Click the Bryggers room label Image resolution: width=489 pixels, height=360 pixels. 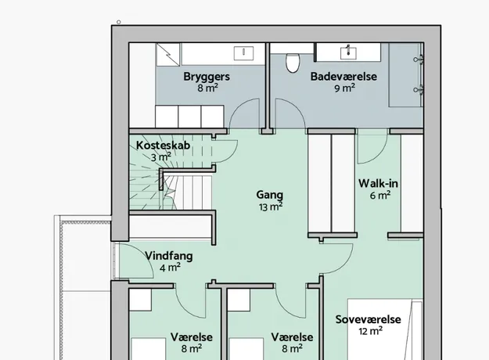point(207,77)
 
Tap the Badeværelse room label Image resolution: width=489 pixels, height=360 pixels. point(343,77)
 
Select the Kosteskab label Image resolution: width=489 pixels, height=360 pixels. point(163,146)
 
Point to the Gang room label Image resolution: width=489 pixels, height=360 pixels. point(270,195)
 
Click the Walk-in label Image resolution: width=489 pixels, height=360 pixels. point(378,183)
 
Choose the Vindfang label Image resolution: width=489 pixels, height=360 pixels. point(169,256)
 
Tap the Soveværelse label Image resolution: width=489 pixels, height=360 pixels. point(368,319)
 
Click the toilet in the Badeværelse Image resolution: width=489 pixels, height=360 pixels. point(293,62)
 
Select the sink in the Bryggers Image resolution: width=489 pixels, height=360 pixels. point(243,53)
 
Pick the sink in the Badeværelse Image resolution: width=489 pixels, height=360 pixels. point(348,52)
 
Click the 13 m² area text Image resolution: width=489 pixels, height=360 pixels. point(271,207)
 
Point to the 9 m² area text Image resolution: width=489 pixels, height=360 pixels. point(344,88)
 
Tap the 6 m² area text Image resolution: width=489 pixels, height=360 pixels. point(380,196)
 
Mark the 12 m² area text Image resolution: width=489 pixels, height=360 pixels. point(371,331)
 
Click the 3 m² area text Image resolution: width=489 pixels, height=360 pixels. point(161,157)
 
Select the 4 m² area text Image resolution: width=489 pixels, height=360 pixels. point(170,268)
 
